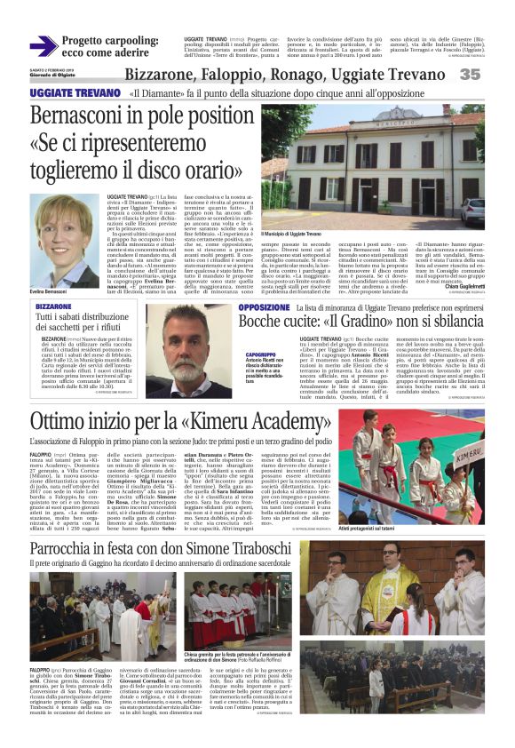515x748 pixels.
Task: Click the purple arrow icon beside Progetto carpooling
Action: coord(43,45)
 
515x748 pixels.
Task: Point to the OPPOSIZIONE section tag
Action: coord(264,306)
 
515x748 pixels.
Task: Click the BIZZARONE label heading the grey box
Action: coord(54,306)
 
